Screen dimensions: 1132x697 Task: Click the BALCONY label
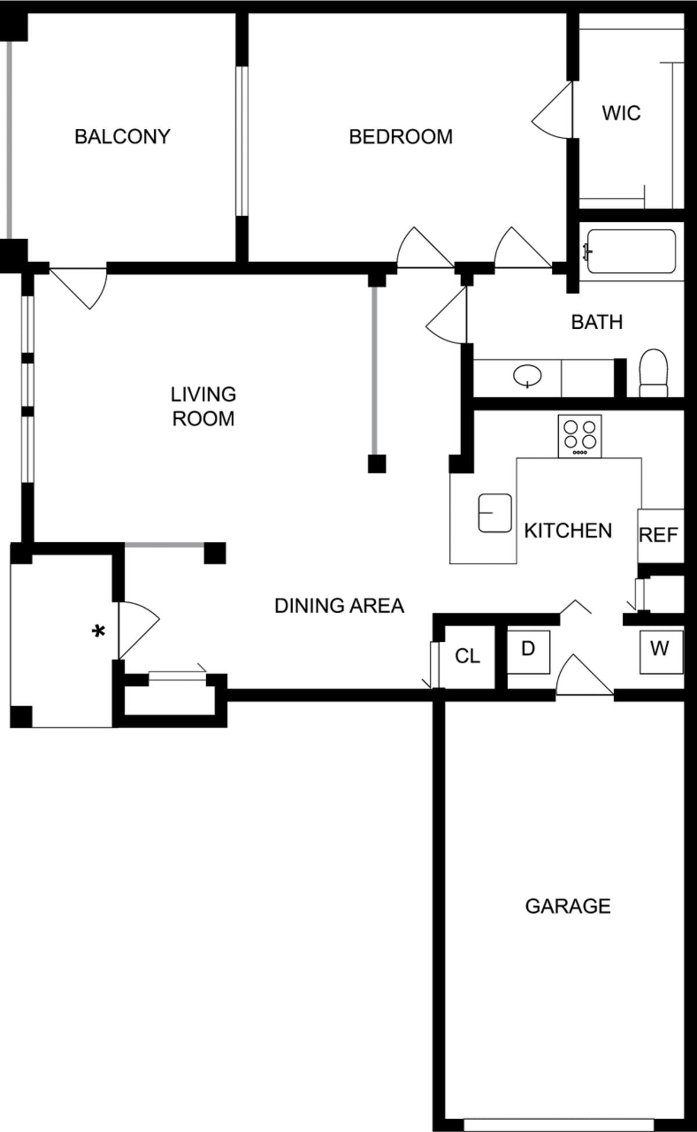point(123,136)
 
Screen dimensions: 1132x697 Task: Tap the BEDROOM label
point(401,136)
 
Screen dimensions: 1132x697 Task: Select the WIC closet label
point(621,112)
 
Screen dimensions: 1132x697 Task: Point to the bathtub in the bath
point(631,251)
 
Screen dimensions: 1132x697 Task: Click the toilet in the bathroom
point(653,373)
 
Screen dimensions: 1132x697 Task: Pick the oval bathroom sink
point(527,376)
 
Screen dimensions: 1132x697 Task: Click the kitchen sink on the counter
point(495,513)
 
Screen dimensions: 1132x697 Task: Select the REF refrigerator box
point(659,535)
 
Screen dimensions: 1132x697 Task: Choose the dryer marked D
point(528,651)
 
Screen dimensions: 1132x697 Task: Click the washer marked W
point(659,651)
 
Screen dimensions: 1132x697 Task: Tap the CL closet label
point(468,656)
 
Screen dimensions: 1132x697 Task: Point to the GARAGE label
point(567,906)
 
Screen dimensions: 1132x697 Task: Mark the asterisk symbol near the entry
point(99,631)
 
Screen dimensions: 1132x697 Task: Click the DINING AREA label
point(339,606)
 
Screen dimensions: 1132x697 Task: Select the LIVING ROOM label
point(203,406)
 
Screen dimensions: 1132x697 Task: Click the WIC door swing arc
point(549,113)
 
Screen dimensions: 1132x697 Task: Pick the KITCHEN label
point(567,530)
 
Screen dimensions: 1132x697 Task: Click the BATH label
point(597,322)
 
